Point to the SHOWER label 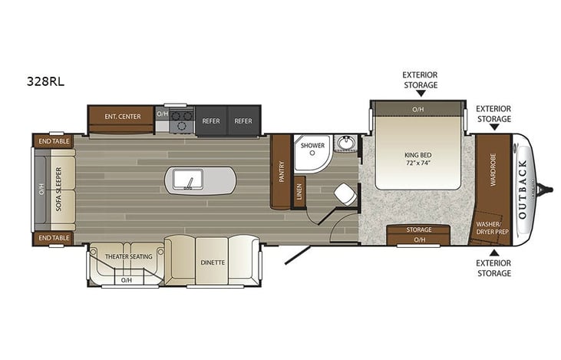pyautogui.click(x=312, y=145)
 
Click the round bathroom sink pyautogui.click(x=346, y=143)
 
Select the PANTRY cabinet pyautogui.click(x=281, y=171)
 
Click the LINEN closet pyautogui.click(x=299, y=193)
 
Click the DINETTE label pyautogui.click(x=213, y=262)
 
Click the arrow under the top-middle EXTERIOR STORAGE pyautogui.click(x=420, y=94)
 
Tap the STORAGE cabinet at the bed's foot pyautogui.click(x=419, y=230)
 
